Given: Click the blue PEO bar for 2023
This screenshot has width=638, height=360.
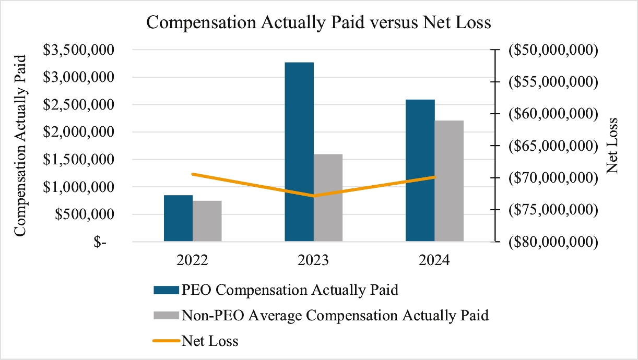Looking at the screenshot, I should click(x=299, y=152).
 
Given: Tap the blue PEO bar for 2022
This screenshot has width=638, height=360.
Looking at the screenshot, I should click(x=178, y=218).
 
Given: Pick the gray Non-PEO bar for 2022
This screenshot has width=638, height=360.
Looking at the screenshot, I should click(x=207, y=221).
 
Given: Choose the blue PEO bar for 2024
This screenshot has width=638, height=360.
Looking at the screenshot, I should click(x=420, y=170).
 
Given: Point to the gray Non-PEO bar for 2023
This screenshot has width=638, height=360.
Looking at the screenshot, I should click(x=328, y=198).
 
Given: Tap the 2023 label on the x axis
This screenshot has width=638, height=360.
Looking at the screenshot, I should click(x=313, y=259).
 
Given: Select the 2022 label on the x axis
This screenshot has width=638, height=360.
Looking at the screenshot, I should click(x=193, y=259).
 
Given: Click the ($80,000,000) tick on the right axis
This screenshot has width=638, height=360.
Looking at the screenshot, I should click(x=551, y=242).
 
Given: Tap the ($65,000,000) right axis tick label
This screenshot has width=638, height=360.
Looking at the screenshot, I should click(x=551, y=146).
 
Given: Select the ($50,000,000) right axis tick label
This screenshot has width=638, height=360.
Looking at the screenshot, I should click(x=551, y=50).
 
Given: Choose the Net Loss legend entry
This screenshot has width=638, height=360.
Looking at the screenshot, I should click(x=210, y=341).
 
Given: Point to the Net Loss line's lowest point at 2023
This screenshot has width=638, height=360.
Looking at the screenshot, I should click(x=314, y=196).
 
